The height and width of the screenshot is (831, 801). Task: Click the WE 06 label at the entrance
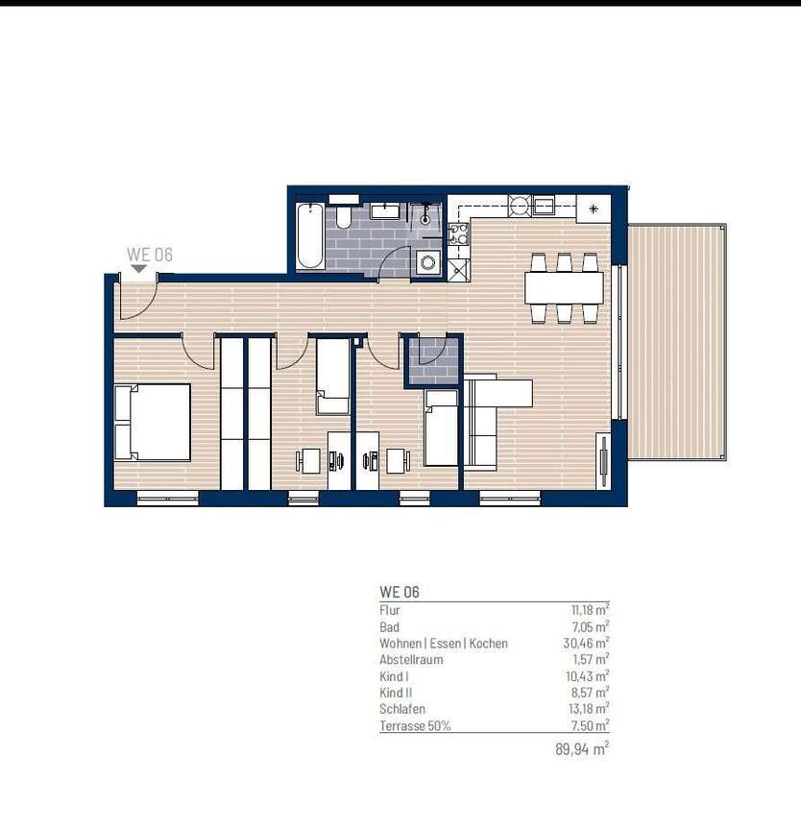pos(150,255)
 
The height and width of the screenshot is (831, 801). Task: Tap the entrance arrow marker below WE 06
pos(140,269)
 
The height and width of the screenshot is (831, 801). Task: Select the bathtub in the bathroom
pos(310,236)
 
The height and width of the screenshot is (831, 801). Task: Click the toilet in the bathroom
pos(344,215)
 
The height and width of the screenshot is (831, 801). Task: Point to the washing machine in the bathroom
pos(426,260)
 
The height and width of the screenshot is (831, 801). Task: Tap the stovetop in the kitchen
pos(458,233)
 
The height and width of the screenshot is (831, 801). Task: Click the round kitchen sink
pos(520,205)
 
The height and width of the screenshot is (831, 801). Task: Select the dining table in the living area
pos(564,286)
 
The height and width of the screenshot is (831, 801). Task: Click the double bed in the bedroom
pos(152,423)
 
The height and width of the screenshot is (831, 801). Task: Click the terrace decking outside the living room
pos(676,341)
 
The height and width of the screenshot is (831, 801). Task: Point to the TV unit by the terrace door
pos(602,461)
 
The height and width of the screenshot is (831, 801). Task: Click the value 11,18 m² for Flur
pos(590,610)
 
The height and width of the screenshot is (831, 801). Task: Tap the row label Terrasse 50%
pos(415,726)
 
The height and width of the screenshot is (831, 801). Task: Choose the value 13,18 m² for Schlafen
pos(589,709)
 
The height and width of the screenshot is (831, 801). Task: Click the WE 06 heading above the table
pos(400,593)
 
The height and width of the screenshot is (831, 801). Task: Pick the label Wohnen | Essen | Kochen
pos(444,644)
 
